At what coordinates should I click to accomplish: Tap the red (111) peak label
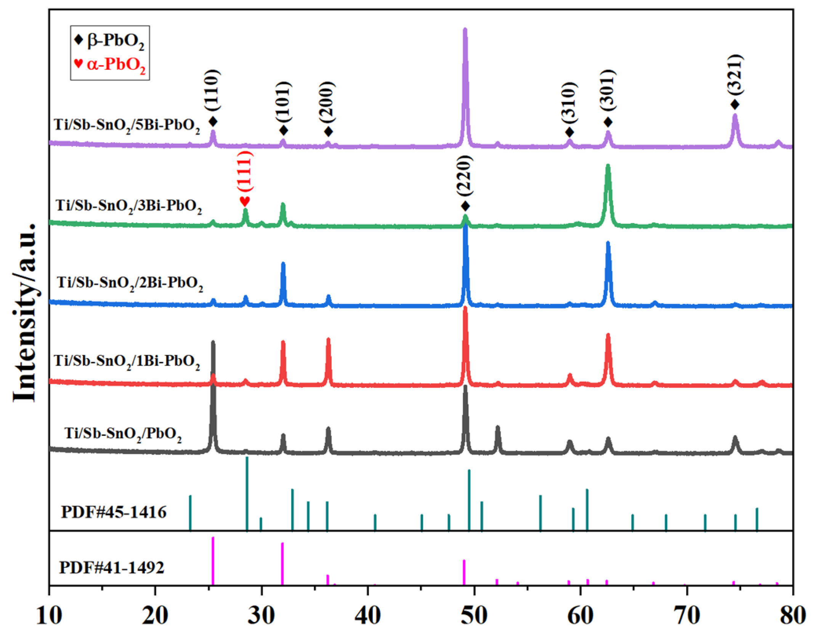coord(245,172)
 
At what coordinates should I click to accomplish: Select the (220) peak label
coord(465,176)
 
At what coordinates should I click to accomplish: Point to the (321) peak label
coord(735,75)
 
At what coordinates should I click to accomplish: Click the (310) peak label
coord(569,103)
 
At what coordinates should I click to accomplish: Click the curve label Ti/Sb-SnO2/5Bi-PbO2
coord(127,125)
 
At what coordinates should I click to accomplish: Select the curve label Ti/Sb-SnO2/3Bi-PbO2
coord(129,206)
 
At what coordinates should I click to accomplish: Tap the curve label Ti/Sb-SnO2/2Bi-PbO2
coord(130,283)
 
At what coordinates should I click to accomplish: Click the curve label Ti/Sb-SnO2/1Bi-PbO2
coord(127,361)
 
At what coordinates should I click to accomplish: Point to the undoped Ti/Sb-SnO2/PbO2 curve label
coord(123,434)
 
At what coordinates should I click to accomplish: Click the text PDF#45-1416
coord(114,512)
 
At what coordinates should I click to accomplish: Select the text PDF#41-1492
coord(111,568)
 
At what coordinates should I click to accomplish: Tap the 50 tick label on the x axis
coord(474,616)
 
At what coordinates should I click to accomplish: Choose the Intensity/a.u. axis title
coord(24,313)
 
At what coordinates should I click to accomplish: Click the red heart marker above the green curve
coord(245,201)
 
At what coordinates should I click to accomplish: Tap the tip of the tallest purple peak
coord(465,30)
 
